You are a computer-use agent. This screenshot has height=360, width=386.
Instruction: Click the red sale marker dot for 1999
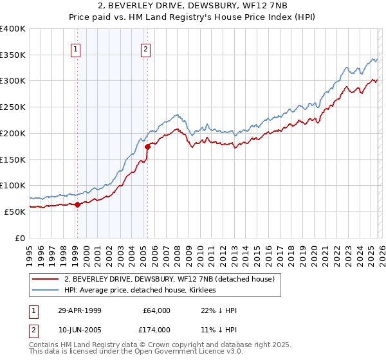78,204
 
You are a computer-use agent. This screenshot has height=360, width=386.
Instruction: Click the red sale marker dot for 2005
147,147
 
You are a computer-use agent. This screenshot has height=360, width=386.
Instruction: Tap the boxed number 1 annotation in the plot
76,49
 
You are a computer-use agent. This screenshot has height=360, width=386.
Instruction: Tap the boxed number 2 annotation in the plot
146,49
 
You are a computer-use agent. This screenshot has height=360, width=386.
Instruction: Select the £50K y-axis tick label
15,212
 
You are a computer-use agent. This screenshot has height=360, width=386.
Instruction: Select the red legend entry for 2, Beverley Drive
169,279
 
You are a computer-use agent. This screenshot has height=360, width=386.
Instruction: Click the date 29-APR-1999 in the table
79,310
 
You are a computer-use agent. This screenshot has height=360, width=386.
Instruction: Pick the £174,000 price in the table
156,330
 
